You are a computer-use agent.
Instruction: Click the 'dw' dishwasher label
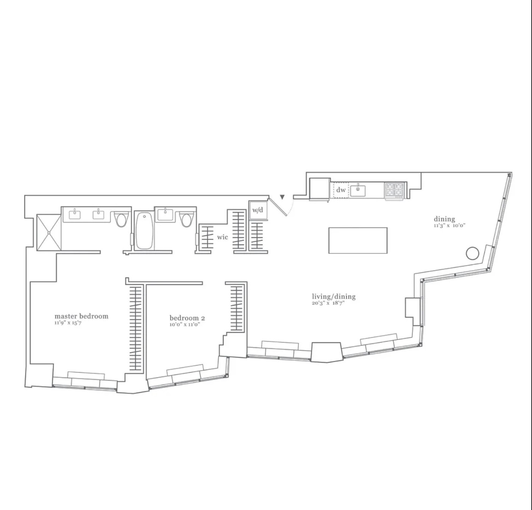point(341,190)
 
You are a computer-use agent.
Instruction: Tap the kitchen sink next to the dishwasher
point(358,190)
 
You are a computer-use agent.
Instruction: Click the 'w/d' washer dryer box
point(258,210)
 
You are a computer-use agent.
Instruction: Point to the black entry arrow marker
point(282,197)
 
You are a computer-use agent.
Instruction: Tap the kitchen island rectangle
point(358,241)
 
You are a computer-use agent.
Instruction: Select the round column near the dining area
point(472,253)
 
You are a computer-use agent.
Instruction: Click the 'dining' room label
point(445,219)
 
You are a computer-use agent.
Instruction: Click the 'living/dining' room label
point(334,297)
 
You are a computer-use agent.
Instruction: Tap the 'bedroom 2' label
point(187,318)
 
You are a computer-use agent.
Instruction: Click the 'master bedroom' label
point(81,316)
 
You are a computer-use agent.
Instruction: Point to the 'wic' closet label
point(222,237)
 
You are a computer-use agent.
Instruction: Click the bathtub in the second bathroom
point(144,231)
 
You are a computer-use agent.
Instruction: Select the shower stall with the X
point(49,232)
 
